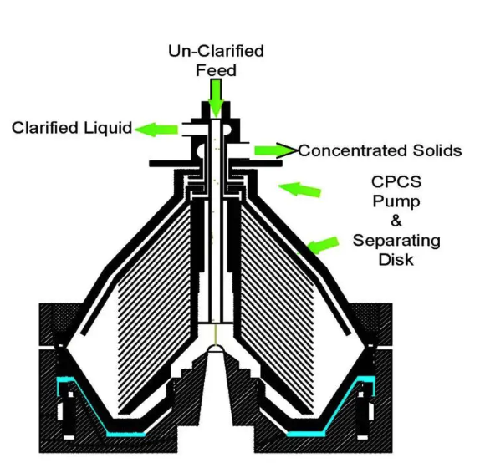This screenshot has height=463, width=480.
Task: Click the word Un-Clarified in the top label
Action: (x=216, y=51)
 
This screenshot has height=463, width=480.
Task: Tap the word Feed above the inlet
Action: (x=216, y=70)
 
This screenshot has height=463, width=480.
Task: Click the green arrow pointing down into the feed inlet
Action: (x=216, y=98)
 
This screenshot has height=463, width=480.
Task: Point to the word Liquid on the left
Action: (x=108, y=128)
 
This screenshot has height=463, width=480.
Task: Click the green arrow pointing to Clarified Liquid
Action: (x=156, y=130)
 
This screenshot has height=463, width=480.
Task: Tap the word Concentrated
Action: (x=353, y=150)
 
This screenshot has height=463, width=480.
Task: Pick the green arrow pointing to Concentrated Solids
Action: (x=275, y=150)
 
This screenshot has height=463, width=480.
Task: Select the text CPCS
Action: (x=396, y=181)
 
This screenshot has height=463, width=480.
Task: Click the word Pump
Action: (x=396, y=202)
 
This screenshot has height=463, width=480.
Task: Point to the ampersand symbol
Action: (x=396, y=221)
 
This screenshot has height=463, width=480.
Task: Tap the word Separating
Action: (x=396, y=241)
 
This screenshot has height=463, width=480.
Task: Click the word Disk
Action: (x=396, y=260)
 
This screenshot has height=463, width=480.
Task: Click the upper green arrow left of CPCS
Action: (x=299, y=189)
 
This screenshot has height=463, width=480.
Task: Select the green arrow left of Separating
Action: (x=320, y=245)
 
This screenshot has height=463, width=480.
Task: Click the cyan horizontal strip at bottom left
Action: (x=126, y=434)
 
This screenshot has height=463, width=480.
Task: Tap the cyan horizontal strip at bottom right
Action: (x=305, y=434)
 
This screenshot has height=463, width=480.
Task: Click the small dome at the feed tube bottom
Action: (x=216, y=349)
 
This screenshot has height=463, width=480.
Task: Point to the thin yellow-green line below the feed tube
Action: (x=216, y=334)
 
